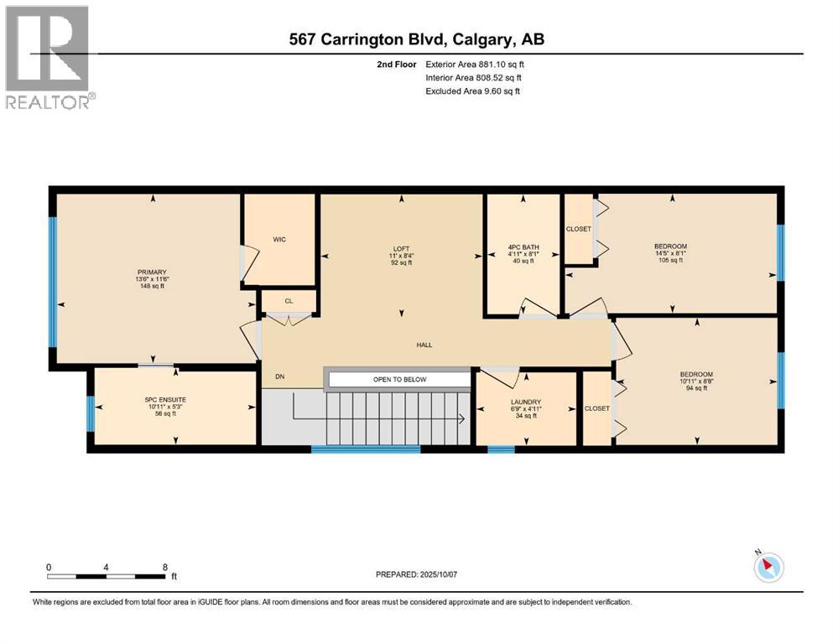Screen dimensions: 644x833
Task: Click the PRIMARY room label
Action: coord(153,271)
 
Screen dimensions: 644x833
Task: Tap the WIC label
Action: coord(279,240)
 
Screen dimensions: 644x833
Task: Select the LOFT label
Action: coord(401,247)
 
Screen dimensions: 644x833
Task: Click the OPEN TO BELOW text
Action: coord(400,380)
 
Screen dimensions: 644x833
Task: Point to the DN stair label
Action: coord(280,377)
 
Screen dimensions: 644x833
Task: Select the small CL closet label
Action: coord(289,299)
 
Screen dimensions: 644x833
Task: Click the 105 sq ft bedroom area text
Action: coord(670,261)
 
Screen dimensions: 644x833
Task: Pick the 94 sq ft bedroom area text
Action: coord(695,388)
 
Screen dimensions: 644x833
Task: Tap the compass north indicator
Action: coord(767,567)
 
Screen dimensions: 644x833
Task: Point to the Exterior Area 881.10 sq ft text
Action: coord(475,64)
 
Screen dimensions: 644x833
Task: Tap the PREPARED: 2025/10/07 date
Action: coord(417,574)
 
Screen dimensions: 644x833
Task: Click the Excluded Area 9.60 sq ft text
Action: coord(472,91)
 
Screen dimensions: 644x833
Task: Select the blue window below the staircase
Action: coord(365,449)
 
